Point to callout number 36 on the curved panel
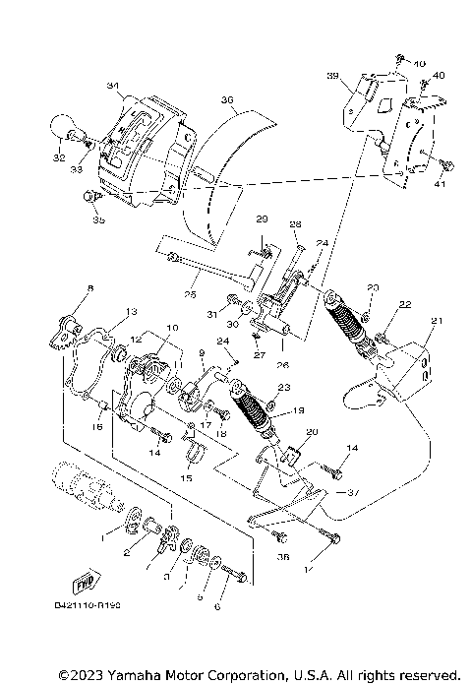coord(226,99)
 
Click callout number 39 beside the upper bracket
coord(332,76)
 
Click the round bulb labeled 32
coord(62,129)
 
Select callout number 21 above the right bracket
coord(437,320)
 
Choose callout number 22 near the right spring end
coord(405,304)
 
